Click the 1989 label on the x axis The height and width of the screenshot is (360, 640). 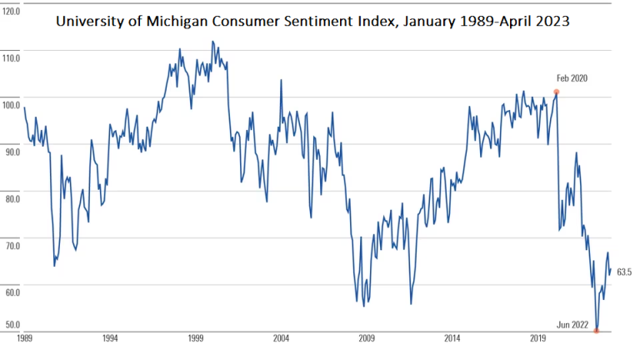(x=24, y=339)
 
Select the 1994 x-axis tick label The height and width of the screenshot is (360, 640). (x=110, y=339)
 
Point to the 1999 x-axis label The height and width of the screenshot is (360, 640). (x=196, y=339)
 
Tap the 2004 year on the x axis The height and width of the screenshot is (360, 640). (x=281, y=339)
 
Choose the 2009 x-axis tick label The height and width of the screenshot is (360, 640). (x=367, y=339)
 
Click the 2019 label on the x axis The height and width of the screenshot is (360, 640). (x=537, y=339)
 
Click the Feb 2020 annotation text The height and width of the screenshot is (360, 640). (x=572, y=78)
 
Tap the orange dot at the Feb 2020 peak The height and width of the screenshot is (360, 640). (x=557, y=92)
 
